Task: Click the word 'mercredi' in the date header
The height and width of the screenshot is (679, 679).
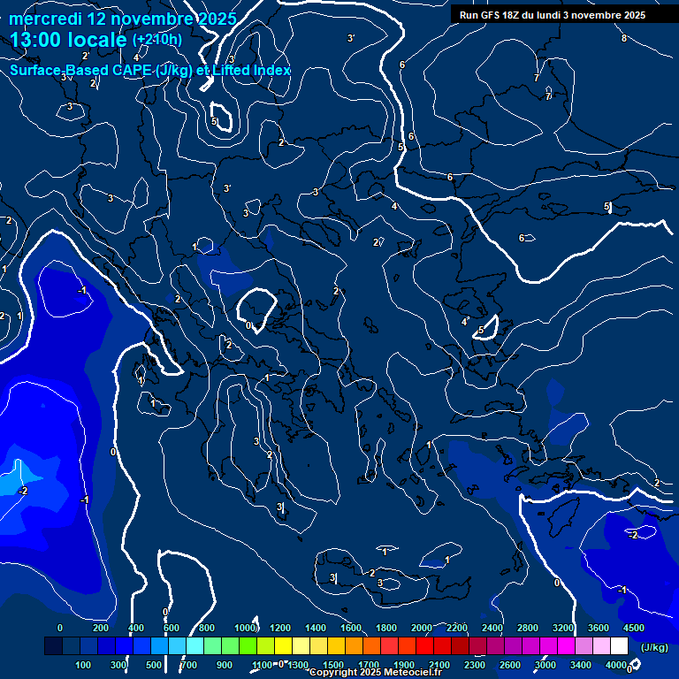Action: tap(46, 19)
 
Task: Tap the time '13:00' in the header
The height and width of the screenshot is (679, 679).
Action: tap(41, 40)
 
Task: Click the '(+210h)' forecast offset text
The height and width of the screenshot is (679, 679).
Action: tap(157, 40)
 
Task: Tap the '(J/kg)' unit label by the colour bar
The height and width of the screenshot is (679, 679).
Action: tap(654, 647)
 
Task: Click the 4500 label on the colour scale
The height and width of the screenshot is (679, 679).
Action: tap(633, 628)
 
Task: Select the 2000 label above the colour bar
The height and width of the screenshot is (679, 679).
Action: tap(422, 628)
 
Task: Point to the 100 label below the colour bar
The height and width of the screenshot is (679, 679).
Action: tap(84, 665)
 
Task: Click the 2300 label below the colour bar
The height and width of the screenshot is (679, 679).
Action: tap(474, 665)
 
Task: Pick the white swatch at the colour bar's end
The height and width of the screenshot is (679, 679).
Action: tap(619, 646)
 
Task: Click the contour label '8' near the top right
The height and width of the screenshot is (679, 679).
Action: tap(623, 38)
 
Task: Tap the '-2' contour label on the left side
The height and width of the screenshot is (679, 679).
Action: tap(24, 491)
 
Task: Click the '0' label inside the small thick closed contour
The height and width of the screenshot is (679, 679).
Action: tap(248, 325)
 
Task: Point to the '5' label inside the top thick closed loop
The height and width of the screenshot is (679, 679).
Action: tap(214, 122)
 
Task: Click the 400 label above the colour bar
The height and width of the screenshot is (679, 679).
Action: tap(136, 628)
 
